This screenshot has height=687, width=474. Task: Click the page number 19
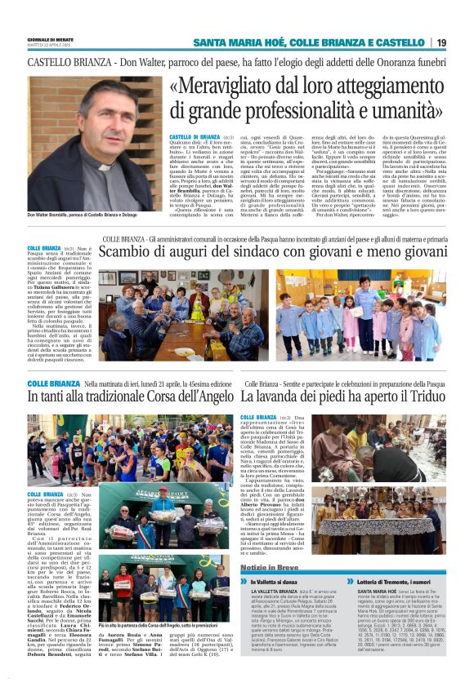tap(441, 42)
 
